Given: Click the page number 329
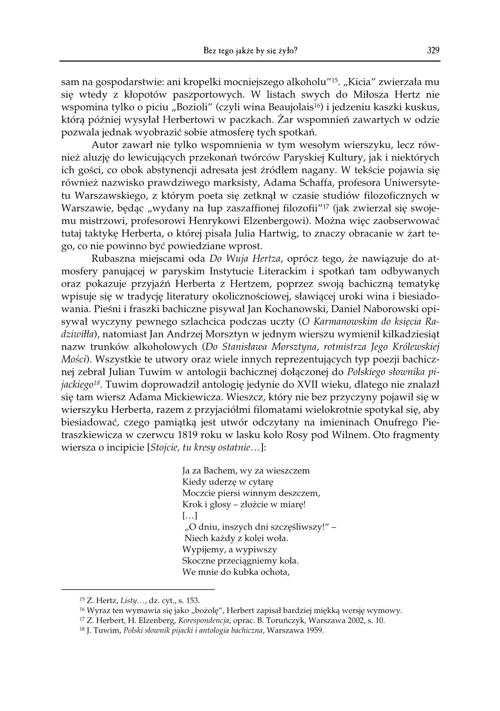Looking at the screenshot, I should click(x=433, y=50).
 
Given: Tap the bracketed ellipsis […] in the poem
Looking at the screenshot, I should click(x=189, y=516).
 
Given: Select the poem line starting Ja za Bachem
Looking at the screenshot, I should click(x=246, y=470).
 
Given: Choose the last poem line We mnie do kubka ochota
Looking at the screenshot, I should click(x=236, y=572).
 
